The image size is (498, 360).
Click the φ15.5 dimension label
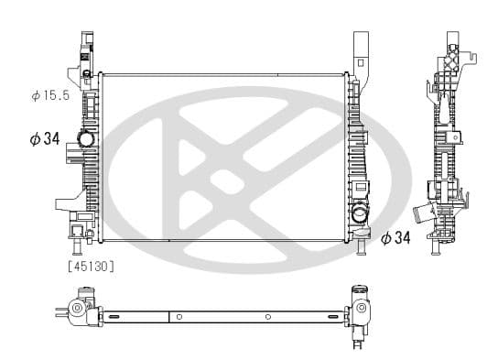coord(50,95)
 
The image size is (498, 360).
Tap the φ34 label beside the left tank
coord(45,139)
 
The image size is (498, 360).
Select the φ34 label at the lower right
coord(395,237)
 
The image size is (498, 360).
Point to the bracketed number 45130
coord(92,267)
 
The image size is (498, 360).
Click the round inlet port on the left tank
coord(86,138)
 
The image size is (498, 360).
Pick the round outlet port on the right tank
coord(360,212)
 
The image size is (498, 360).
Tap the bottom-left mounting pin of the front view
coord(77,247)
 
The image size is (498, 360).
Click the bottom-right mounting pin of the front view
coord(361,247)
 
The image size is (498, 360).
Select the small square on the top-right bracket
coord(361,62)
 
